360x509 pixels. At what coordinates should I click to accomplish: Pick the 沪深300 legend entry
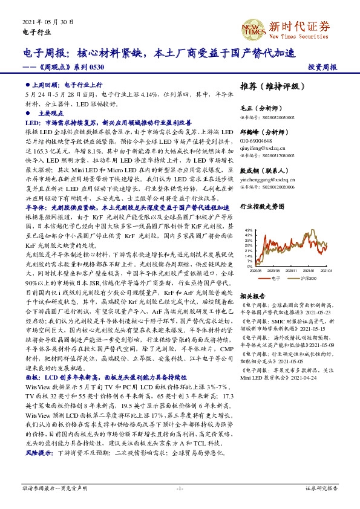(x=309, y=279)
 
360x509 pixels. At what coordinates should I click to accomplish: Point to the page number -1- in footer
(x=180, y=487)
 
